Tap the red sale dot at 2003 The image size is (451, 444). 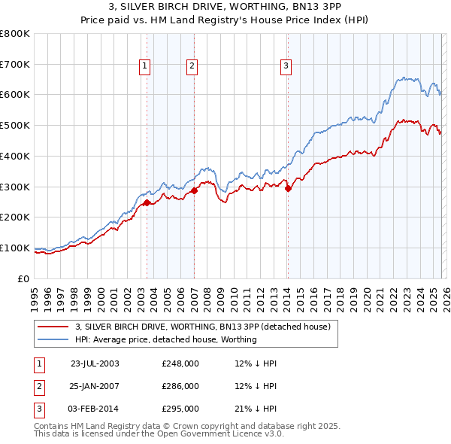(147, 202)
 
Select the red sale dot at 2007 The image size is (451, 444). (194, 190)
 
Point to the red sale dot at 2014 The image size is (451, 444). (288, 188)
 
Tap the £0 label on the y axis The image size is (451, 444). (24, 278)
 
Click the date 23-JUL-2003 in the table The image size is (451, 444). (95, 363)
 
